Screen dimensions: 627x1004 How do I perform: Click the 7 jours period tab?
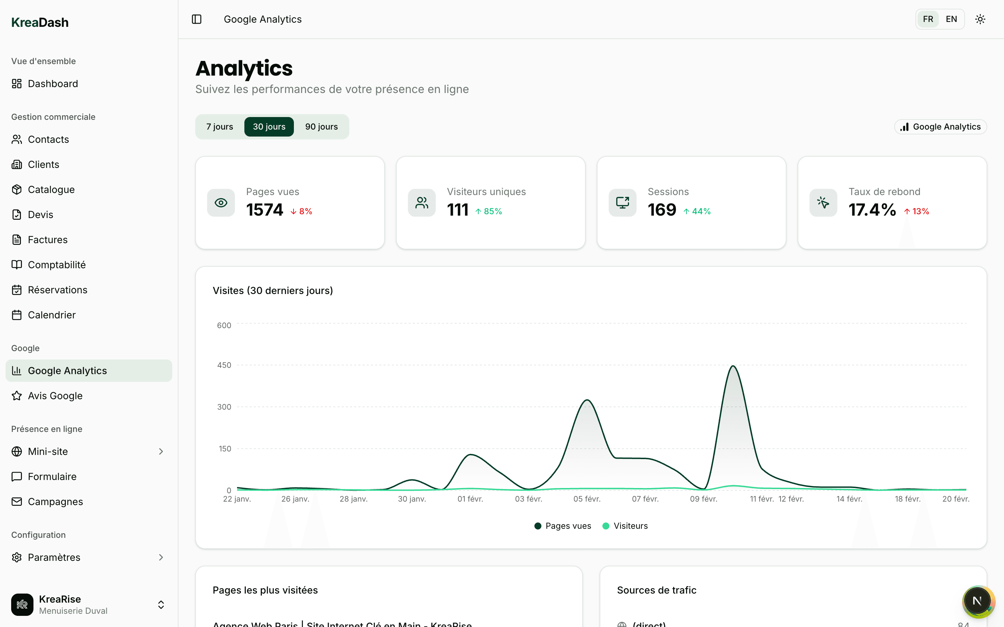point(220,126)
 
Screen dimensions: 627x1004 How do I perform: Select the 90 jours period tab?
point(321,126)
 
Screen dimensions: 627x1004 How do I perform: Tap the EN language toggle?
point(951,19)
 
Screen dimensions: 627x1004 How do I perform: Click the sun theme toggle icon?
point(980,19)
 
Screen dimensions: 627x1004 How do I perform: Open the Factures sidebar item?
point(47,240)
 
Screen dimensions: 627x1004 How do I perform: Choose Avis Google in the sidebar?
point(55,396)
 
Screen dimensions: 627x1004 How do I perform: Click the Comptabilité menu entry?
point(56,265)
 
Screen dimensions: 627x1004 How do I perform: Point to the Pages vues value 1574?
point(264,210)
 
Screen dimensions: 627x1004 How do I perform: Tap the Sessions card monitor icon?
point(622,203)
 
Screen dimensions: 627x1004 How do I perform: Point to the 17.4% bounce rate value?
point(872,210)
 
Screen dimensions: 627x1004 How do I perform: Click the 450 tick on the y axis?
point(224,365)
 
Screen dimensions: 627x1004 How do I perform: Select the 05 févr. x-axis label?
point(587,499)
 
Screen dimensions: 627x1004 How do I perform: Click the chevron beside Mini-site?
point(161,451)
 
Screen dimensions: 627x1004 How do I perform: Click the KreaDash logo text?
point(40,22)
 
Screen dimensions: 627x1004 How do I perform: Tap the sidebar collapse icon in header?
point(197,19)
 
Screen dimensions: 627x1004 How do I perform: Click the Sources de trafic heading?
point(656,590)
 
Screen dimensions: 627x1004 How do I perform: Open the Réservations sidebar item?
point(57,290)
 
